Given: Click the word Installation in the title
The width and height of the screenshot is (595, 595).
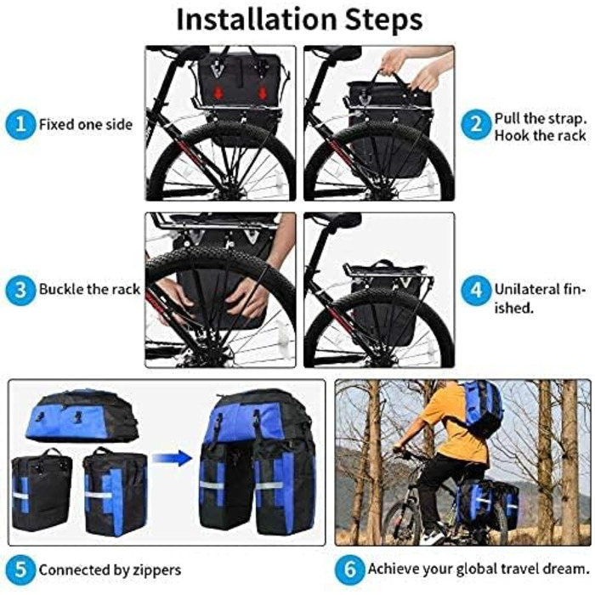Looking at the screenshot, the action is tap(257, 20).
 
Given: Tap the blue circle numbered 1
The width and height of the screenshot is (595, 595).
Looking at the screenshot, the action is tap(20, 124).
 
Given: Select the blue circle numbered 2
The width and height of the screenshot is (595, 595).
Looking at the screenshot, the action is tap(476, 124).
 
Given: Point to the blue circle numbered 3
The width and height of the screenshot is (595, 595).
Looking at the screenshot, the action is tap(20, 289).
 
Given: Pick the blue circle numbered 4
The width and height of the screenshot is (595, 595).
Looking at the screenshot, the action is tap(476, 291).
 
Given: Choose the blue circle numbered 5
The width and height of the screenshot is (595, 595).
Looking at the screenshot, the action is tap(20, 569).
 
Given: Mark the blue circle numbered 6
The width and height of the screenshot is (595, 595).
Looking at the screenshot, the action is tap(349, 569).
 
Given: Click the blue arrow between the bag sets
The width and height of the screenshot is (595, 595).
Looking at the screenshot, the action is tap(172, 458).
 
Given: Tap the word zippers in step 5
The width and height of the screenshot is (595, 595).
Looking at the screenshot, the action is tap(156, 570).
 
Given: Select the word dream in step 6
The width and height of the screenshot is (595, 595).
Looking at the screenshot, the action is tap(566, 569).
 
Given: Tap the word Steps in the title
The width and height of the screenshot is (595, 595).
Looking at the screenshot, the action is tap(383, 20).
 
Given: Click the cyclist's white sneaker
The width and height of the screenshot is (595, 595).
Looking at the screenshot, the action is tap(433, 536).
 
